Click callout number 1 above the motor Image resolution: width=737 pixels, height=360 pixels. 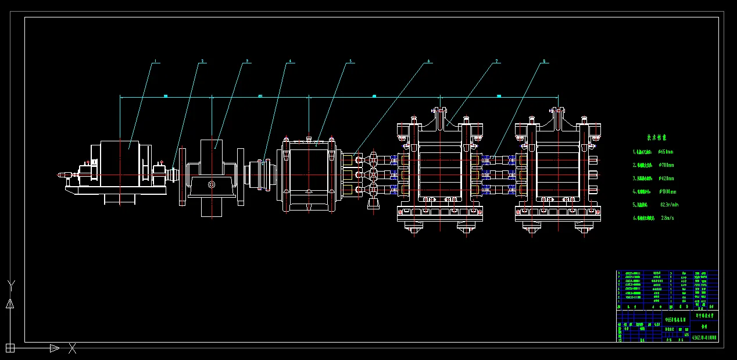click(155, 61)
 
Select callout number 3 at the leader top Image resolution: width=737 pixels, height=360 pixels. click(247, 60)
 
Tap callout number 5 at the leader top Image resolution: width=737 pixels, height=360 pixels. click(350, 60)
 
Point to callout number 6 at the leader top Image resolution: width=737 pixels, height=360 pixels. click(429, 60)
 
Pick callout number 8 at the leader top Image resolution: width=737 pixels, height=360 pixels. click(544, 60)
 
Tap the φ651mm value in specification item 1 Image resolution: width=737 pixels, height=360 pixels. click(666, 152)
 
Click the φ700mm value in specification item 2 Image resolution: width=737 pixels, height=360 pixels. click(666, 165)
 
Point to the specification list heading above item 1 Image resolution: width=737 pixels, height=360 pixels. click(657, 138)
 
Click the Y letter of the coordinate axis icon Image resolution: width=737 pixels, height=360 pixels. click(10, 285)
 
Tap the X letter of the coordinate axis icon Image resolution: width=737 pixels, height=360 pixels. click(73, 348)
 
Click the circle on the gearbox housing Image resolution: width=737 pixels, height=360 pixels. click(212, 185)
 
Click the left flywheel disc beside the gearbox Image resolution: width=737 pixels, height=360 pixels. click(183, 176)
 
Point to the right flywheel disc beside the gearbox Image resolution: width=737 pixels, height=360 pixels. click(241, 176)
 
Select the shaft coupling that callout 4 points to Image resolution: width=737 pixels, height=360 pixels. click(264, 174)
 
